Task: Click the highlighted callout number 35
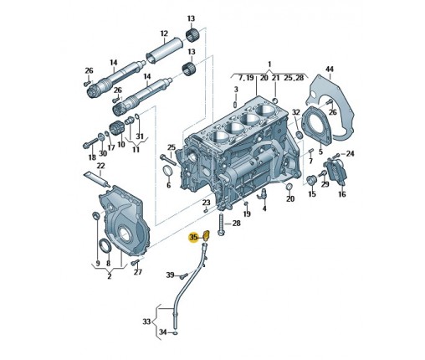(193, 238)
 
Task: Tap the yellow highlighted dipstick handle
(207, 235)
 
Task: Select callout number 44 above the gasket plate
(330, 69)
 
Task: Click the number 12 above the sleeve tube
(164, 33)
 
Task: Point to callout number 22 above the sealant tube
(100, 166)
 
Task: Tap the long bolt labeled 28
(221, 225)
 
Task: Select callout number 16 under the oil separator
(342, 193)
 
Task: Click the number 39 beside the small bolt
(170, 275)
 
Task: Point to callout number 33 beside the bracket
(146, 321)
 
